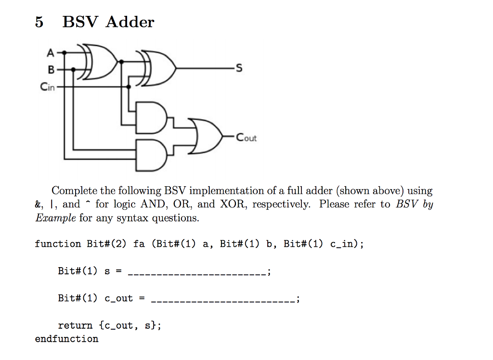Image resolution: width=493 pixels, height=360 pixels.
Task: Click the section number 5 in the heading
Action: (x=39, y=22)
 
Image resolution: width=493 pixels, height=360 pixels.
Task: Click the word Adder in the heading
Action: (x=130, y=22)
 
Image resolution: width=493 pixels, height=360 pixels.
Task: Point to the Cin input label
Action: (x=48, y=87)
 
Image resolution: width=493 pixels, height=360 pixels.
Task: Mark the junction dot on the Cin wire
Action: (x=129, y=87)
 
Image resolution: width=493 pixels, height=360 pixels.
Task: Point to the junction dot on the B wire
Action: (x=73, y=69)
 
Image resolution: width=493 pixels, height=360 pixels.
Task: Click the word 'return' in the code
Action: (x=75, y=325)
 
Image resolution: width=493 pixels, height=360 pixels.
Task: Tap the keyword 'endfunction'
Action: (x=66, y=339)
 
